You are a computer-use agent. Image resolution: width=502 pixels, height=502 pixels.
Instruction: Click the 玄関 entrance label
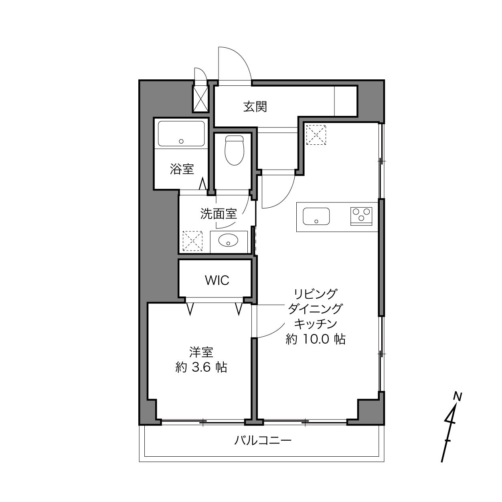click(255, 107)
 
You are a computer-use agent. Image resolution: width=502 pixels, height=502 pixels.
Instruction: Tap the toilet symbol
click(235, 150)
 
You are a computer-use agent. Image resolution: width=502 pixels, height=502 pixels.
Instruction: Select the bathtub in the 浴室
click(181, 134)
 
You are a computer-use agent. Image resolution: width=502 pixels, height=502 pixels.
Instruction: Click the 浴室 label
click(182, 169)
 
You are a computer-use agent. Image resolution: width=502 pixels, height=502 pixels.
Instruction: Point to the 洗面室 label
click(218, 214)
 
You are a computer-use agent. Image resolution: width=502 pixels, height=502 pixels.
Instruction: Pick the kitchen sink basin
click(316, 216)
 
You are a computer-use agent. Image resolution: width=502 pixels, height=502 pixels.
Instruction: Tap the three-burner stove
click(361, 216)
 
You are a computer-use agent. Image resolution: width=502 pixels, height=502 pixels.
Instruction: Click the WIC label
click(217, 280)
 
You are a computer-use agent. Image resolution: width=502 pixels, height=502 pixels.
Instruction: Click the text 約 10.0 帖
click(316, 340)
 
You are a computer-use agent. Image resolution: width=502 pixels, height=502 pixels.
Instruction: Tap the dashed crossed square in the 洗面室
click(192, 241)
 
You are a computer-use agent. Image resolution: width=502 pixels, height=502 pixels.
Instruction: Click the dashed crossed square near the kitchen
click(316, 135)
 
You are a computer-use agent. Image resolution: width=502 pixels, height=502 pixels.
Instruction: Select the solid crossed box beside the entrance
click(200, 99)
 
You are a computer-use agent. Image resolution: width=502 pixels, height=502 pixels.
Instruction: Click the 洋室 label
click(201, 352)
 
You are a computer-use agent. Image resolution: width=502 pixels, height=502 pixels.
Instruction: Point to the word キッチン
click(316, 324)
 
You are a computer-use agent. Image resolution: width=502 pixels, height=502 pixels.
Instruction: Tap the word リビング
click(316, 294)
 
